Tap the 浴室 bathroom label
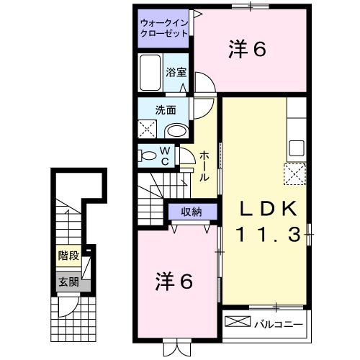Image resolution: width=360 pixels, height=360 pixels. click(176, 71)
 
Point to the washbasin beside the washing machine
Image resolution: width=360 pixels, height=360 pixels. click(174, 130)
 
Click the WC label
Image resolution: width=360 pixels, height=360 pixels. click(164, 156)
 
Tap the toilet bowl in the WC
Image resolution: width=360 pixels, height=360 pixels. click(148, 156)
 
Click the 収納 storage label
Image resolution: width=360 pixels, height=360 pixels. click(191, 211)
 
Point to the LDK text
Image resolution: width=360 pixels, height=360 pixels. click(268, 209)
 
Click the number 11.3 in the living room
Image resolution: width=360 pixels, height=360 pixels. click(268, 235)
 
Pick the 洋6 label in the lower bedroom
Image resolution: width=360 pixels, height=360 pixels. click(174, 282)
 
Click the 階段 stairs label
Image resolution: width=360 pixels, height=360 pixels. click(68, 255)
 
